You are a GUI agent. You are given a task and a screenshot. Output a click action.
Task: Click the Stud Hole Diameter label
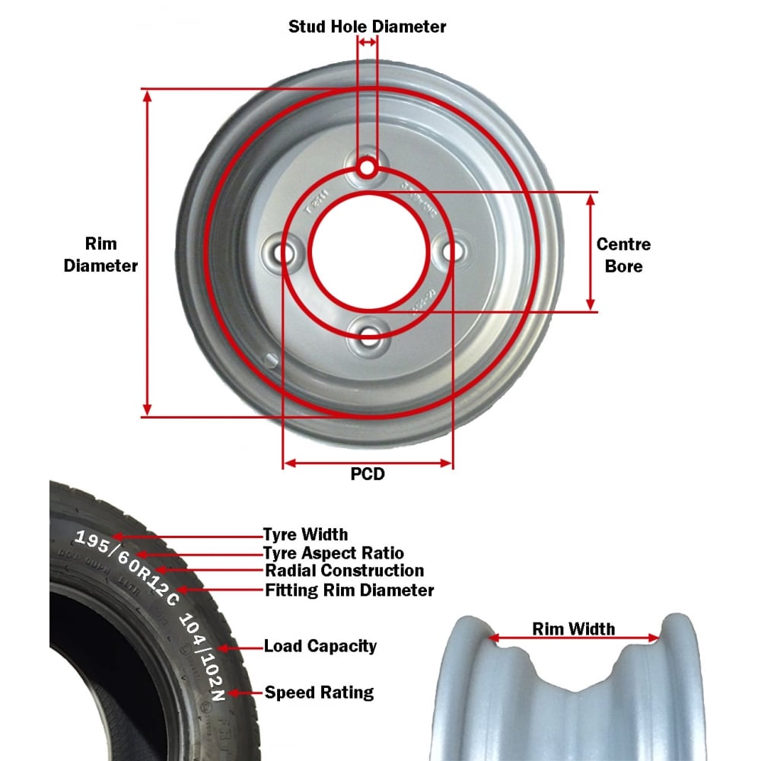point(367,27)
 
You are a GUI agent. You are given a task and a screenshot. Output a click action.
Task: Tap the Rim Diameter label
point(100,254)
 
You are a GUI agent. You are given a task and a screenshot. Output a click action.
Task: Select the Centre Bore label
point(623,255)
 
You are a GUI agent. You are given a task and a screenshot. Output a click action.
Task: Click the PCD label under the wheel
point(368,474)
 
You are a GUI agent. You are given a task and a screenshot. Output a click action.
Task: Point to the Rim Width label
point(573,629)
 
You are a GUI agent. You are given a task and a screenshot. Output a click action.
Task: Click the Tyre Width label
point(305,534)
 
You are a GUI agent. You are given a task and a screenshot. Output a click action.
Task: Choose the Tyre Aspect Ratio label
point(333,553)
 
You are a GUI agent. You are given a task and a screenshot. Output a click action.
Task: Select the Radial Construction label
point(344,571)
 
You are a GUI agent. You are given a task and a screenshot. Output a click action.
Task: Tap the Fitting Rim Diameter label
point(349,590)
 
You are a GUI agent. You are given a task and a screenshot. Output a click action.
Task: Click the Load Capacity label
point(320,646)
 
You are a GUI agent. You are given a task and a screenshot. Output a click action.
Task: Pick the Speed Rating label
point(319,693)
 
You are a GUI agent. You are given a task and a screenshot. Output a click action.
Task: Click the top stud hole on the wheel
point(368,167)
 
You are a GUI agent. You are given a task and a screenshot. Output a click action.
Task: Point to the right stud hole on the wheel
point(453,250)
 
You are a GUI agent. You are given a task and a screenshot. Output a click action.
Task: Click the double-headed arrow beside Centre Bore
point(591,252)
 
